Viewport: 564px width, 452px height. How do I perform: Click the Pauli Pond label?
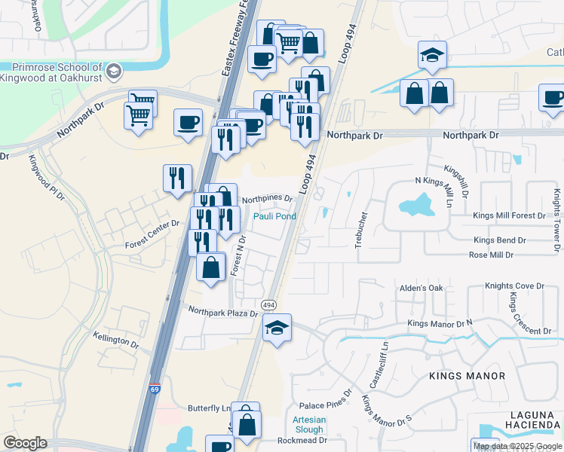(274, 216)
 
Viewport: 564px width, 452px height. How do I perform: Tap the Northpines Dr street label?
(267, 198)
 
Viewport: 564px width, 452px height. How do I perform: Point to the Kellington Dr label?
(116, 341)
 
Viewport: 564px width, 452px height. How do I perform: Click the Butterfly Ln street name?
(209, 408)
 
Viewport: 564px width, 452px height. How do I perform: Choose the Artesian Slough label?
(309, 425)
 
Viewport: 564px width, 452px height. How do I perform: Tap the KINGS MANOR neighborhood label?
(467, 375)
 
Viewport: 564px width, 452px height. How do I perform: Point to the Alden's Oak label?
(421, 288)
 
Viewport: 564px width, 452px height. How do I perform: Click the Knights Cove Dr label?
(514, 286)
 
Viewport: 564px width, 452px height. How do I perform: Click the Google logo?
(25, 443)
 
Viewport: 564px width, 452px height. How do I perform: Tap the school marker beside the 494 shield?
(277, 328)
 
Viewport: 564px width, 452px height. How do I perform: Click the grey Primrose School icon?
(114, 72)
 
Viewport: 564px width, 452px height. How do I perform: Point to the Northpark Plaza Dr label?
(223, 311)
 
